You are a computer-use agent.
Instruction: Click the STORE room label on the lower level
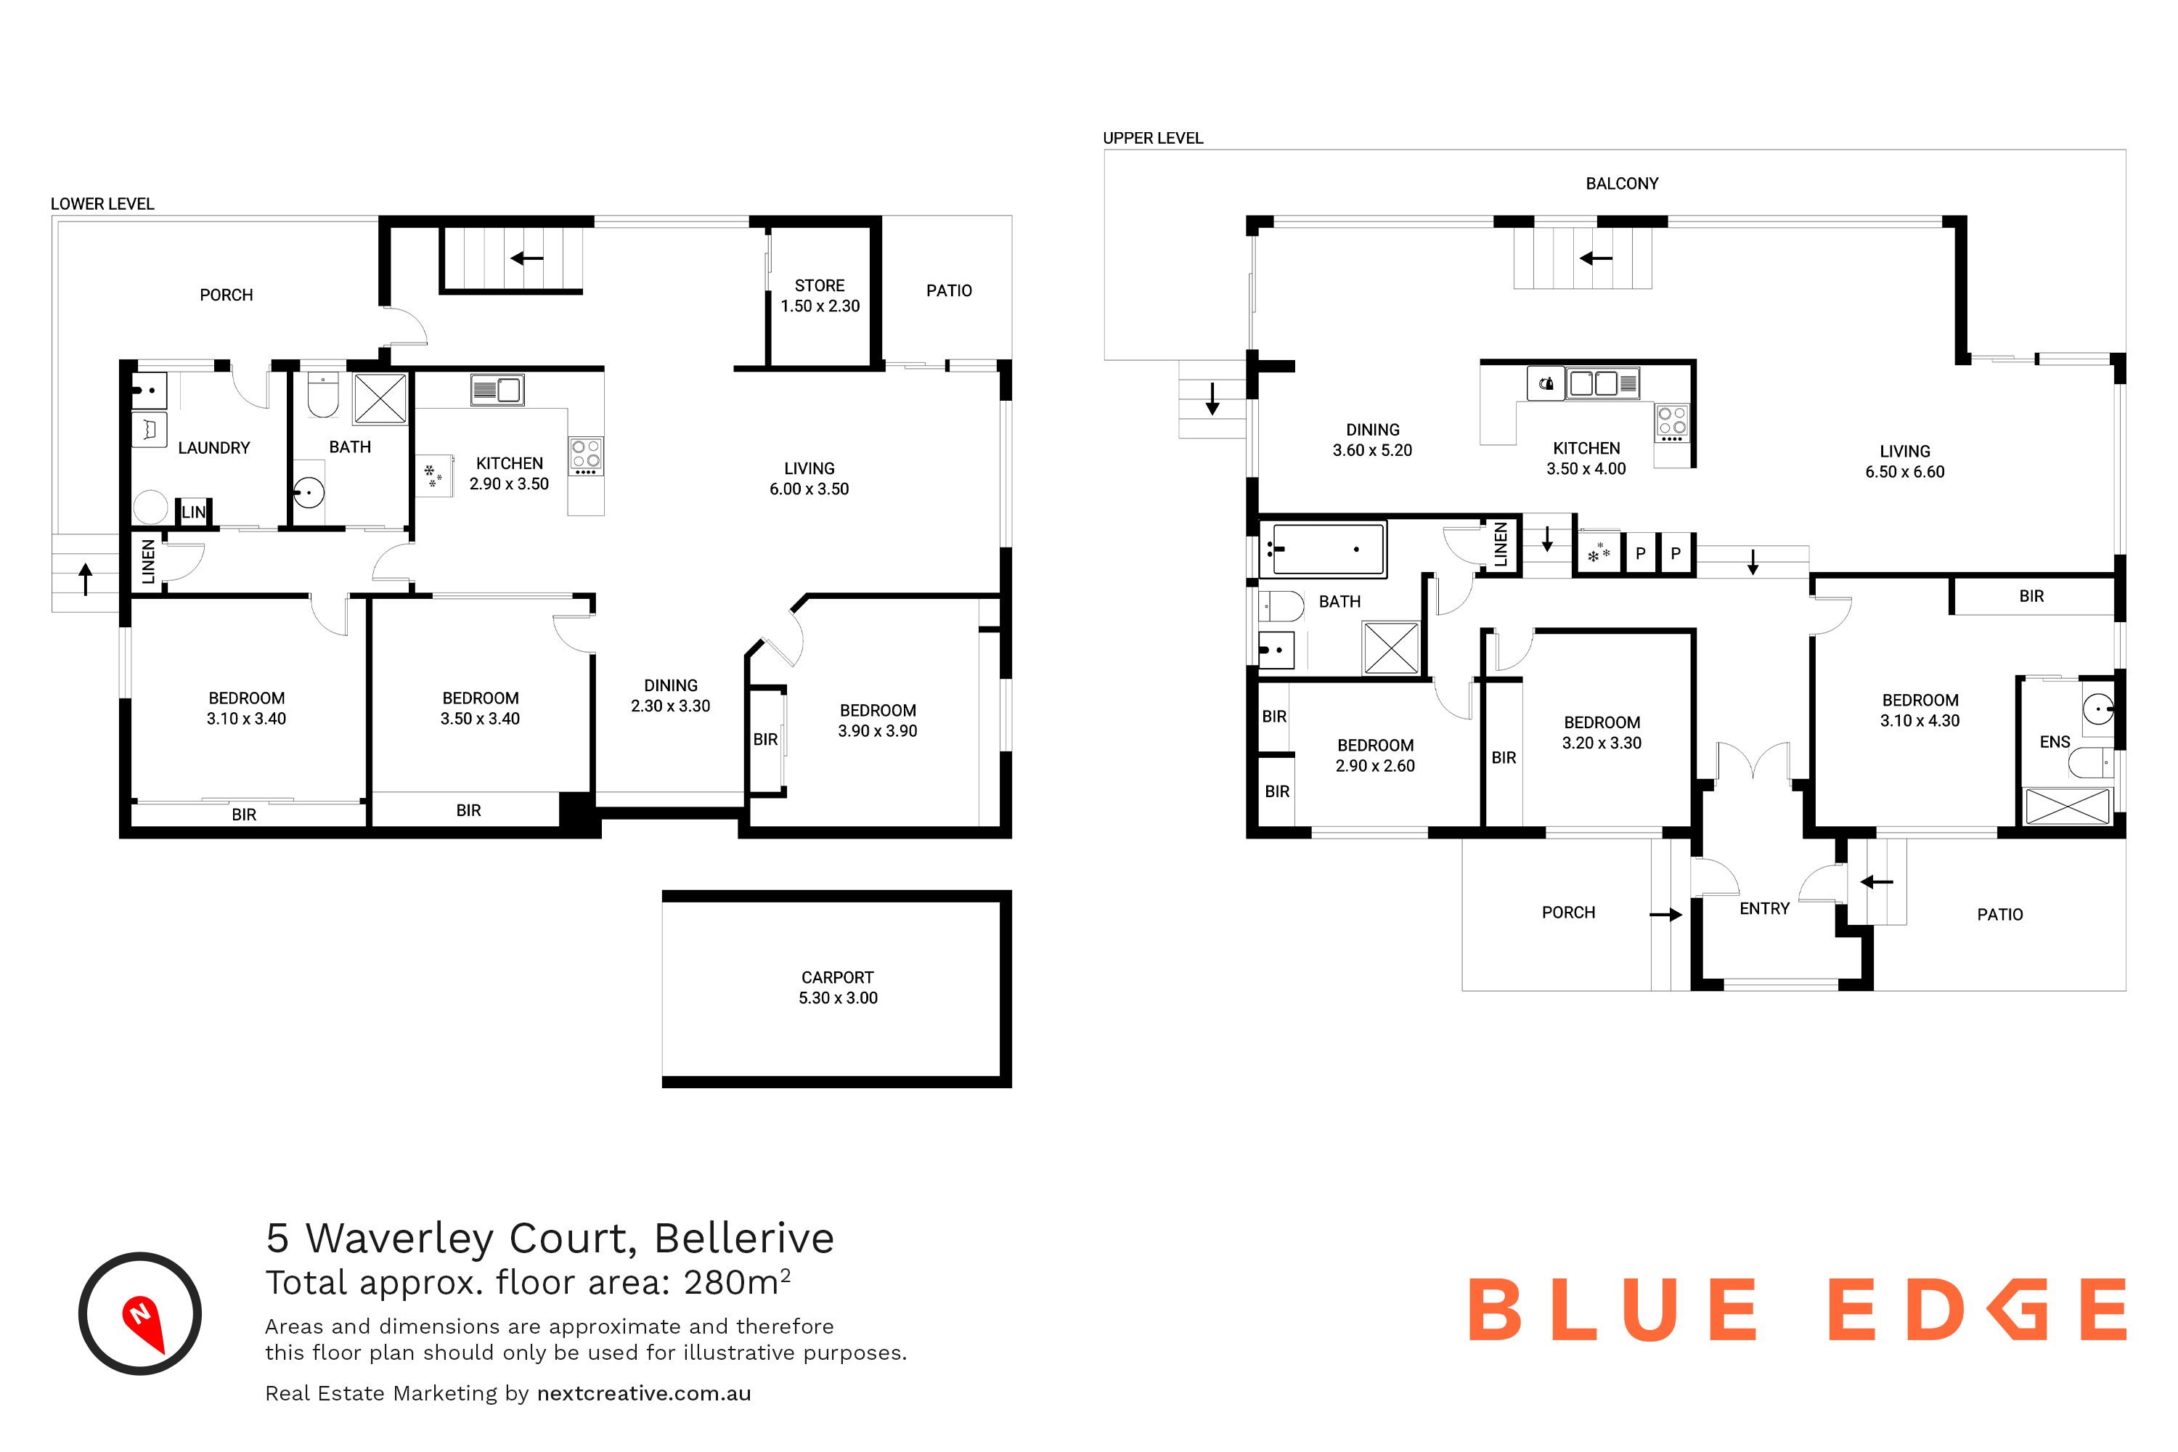pyautogui.click(x=820, y=285)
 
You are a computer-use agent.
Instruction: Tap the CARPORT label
pyautogui.click(x=837, y=977)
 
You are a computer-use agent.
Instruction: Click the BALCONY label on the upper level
pyautogui.click(x=1621, y=184)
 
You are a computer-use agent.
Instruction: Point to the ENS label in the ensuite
pyautogui.click(x=2054, y=742)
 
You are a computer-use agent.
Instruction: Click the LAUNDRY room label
pyautogui.click(x=214, y=447)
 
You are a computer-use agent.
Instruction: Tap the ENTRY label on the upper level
pyautogui.click(x=1764, y=908)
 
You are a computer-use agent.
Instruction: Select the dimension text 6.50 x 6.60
pyautogui.click(x=1905, y=471)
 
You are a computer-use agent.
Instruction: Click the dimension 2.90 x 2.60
pyautogui.click(x=1375, y=766)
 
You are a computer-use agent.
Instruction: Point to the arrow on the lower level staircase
pyautogui.click(x=527, y=258)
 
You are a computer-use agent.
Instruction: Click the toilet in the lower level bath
pyautogui.click(x=322, y=396)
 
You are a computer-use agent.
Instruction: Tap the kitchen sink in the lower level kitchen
pyautogui.click(x=497, y=390)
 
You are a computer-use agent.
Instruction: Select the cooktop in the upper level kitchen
pyautogui.click(x=1671, y=423)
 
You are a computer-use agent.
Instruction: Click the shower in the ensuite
pyautogui.click(x=2067, y=806)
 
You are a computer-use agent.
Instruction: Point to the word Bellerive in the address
pyautogui.click(x=743, y=1237)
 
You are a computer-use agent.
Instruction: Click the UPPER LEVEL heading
pyautogui.click(x=1153, y=138)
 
